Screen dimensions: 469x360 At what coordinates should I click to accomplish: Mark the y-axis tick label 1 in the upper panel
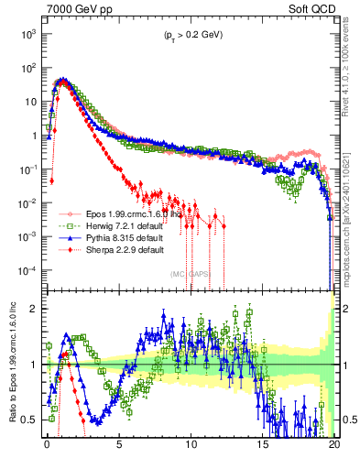click(x=35, y=136)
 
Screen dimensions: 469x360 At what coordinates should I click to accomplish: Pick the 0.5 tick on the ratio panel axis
click(x=32, y=420)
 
